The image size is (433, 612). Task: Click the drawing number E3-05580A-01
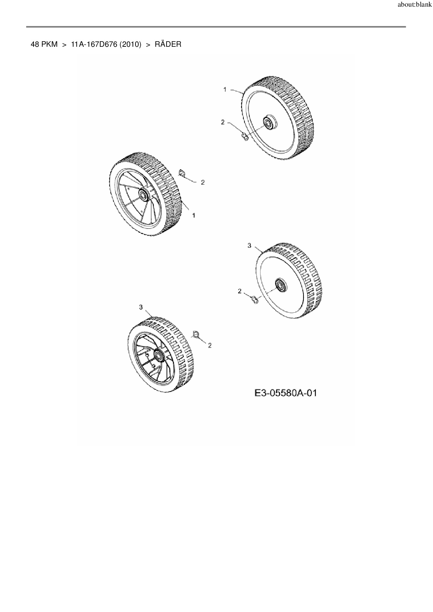tap(286, 393)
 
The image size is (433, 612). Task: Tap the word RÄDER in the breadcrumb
tap(168, 45)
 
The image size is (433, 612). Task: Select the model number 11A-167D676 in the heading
tap(94, 45)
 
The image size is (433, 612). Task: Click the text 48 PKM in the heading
tap(44, 45)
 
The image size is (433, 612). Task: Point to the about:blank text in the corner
tap(414, 5)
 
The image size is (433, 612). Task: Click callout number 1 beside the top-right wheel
tap(225, 90)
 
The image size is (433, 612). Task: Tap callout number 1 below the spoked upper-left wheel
tap(194, 216)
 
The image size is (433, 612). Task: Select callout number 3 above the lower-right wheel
tap(249, 246)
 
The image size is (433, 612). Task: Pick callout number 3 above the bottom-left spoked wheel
tap(141, 307)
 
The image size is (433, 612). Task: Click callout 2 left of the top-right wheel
tap(223, 122)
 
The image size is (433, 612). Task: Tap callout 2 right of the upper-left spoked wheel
tap(203, 182)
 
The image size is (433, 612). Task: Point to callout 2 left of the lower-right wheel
tap(240, 291)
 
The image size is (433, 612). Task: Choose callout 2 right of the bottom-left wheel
tap(210, 345)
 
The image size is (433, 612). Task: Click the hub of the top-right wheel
tap(269, 123)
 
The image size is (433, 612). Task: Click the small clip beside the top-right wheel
tap(245, 136)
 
